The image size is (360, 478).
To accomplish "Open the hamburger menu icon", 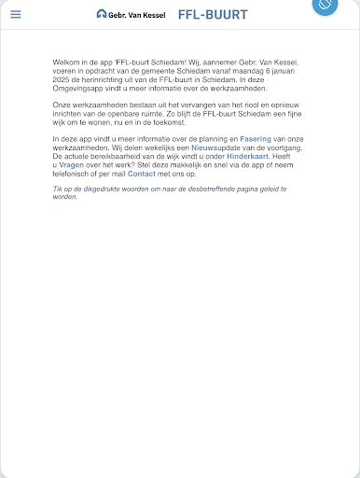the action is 15,14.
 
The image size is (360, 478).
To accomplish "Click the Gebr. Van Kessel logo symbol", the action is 102,14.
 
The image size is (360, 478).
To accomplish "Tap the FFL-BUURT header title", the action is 214,14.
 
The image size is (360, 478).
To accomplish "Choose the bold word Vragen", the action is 72,167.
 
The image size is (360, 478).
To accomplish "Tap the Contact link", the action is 142,174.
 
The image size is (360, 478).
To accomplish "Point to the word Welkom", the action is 66,62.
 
